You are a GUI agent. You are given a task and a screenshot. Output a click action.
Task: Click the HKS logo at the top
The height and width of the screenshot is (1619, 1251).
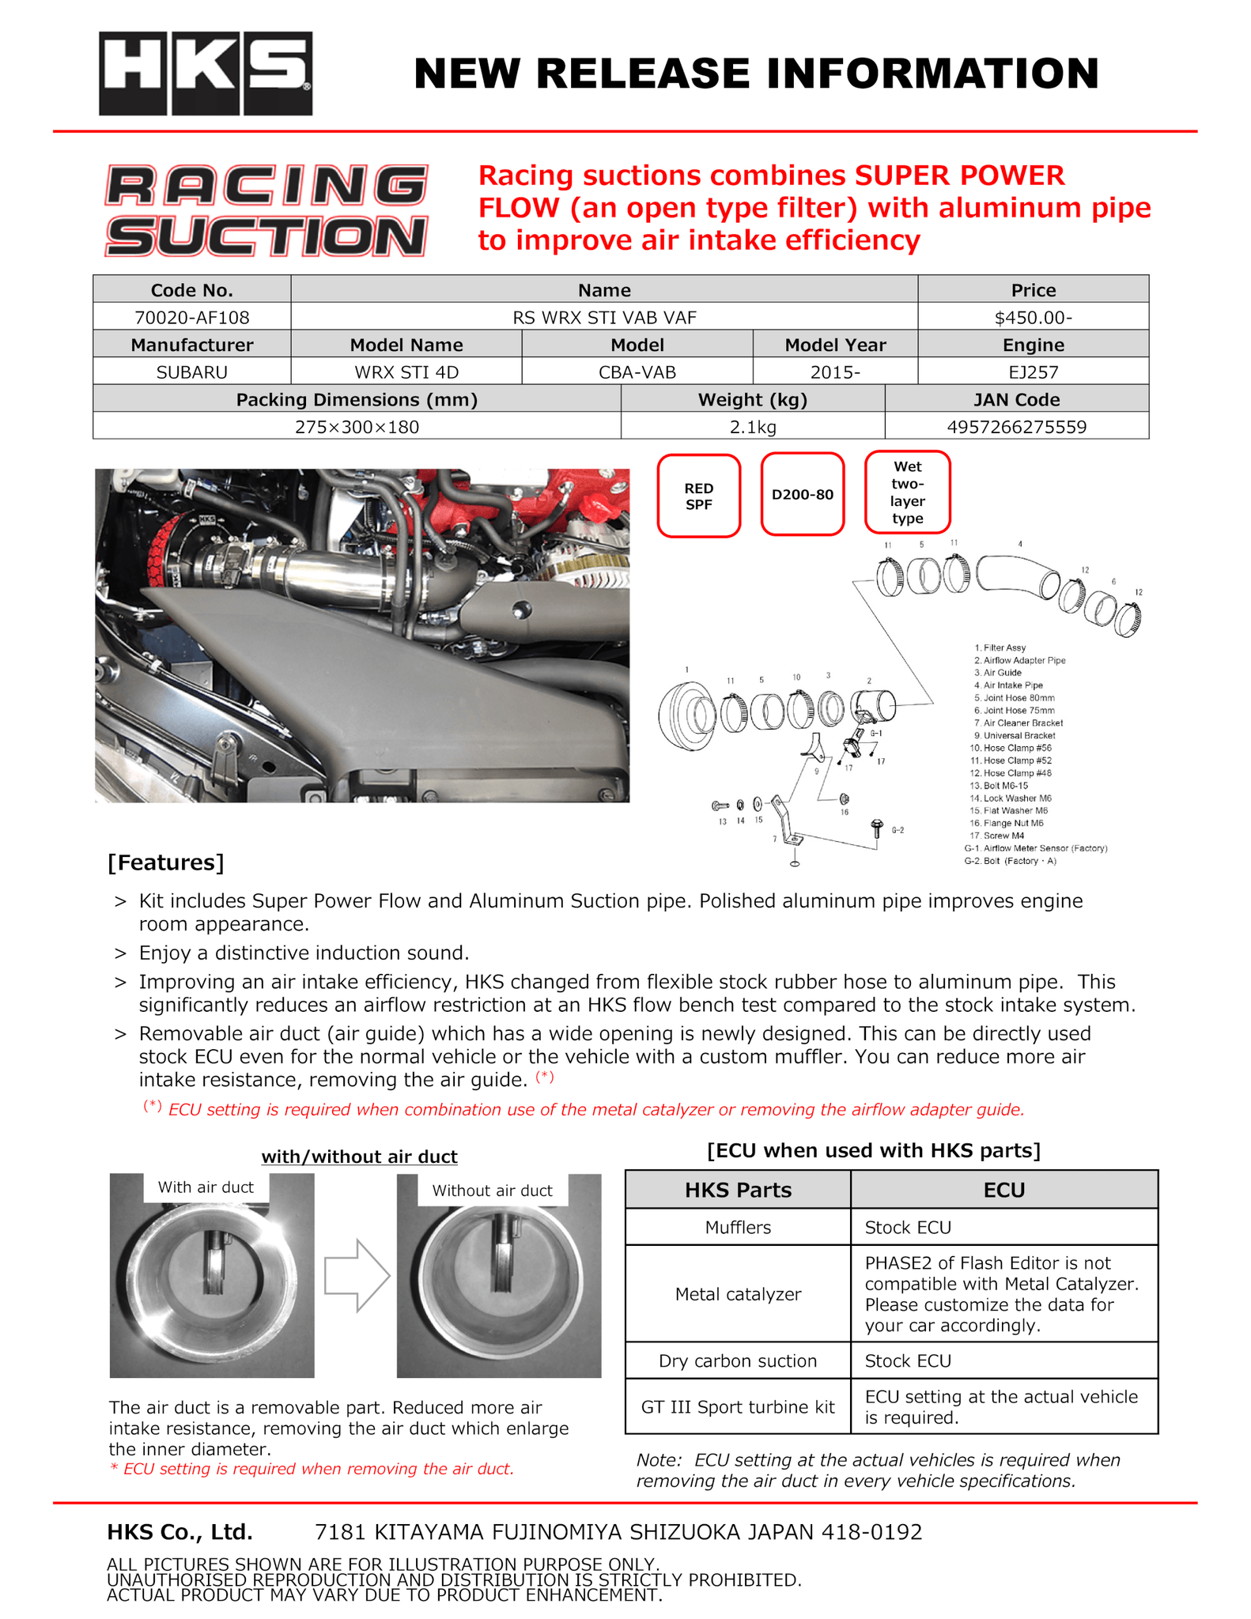206,74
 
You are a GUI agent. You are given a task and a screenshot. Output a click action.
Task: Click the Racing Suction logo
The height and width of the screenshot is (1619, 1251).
266,210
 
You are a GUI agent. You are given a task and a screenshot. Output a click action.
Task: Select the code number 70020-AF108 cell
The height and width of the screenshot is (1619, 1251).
191,318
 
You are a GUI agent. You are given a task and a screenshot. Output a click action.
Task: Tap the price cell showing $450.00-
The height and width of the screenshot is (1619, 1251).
1033,318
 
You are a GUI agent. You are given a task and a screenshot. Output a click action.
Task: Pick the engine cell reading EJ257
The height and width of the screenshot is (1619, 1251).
1033,372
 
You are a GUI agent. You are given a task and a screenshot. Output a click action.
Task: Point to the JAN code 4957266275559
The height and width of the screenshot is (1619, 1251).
1016,427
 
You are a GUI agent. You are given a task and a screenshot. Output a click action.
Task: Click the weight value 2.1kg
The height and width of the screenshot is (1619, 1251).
752,427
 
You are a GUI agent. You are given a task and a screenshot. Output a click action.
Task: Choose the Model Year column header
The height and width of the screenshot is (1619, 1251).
835,345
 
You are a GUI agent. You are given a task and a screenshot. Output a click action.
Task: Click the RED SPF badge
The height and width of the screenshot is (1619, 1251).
698,496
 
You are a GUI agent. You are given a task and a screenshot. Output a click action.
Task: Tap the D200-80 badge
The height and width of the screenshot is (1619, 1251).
802,495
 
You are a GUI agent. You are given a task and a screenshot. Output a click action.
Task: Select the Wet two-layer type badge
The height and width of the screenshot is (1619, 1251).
907,492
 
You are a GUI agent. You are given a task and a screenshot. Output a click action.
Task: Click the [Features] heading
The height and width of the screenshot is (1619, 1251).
166,862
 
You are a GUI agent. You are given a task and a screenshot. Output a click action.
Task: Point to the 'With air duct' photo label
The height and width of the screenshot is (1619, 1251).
206,1187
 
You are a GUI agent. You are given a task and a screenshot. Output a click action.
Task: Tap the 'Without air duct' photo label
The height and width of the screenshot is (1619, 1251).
492,1191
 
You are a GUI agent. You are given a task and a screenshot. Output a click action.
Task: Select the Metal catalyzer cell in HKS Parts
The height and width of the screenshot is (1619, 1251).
738,1294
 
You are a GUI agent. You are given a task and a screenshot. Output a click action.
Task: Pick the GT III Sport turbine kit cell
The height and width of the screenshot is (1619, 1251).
738,1407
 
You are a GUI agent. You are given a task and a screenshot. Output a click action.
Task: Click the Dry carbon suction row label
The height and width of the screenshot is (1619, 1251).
738,1360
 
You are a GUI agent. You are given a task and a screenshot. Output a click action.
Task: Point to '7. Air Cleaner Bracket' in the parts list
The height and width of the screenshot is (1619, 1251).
1019,723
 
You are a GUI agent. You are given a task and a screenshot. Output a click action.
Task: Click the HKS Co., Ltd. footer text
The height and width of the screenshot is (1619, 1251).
180,1532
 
